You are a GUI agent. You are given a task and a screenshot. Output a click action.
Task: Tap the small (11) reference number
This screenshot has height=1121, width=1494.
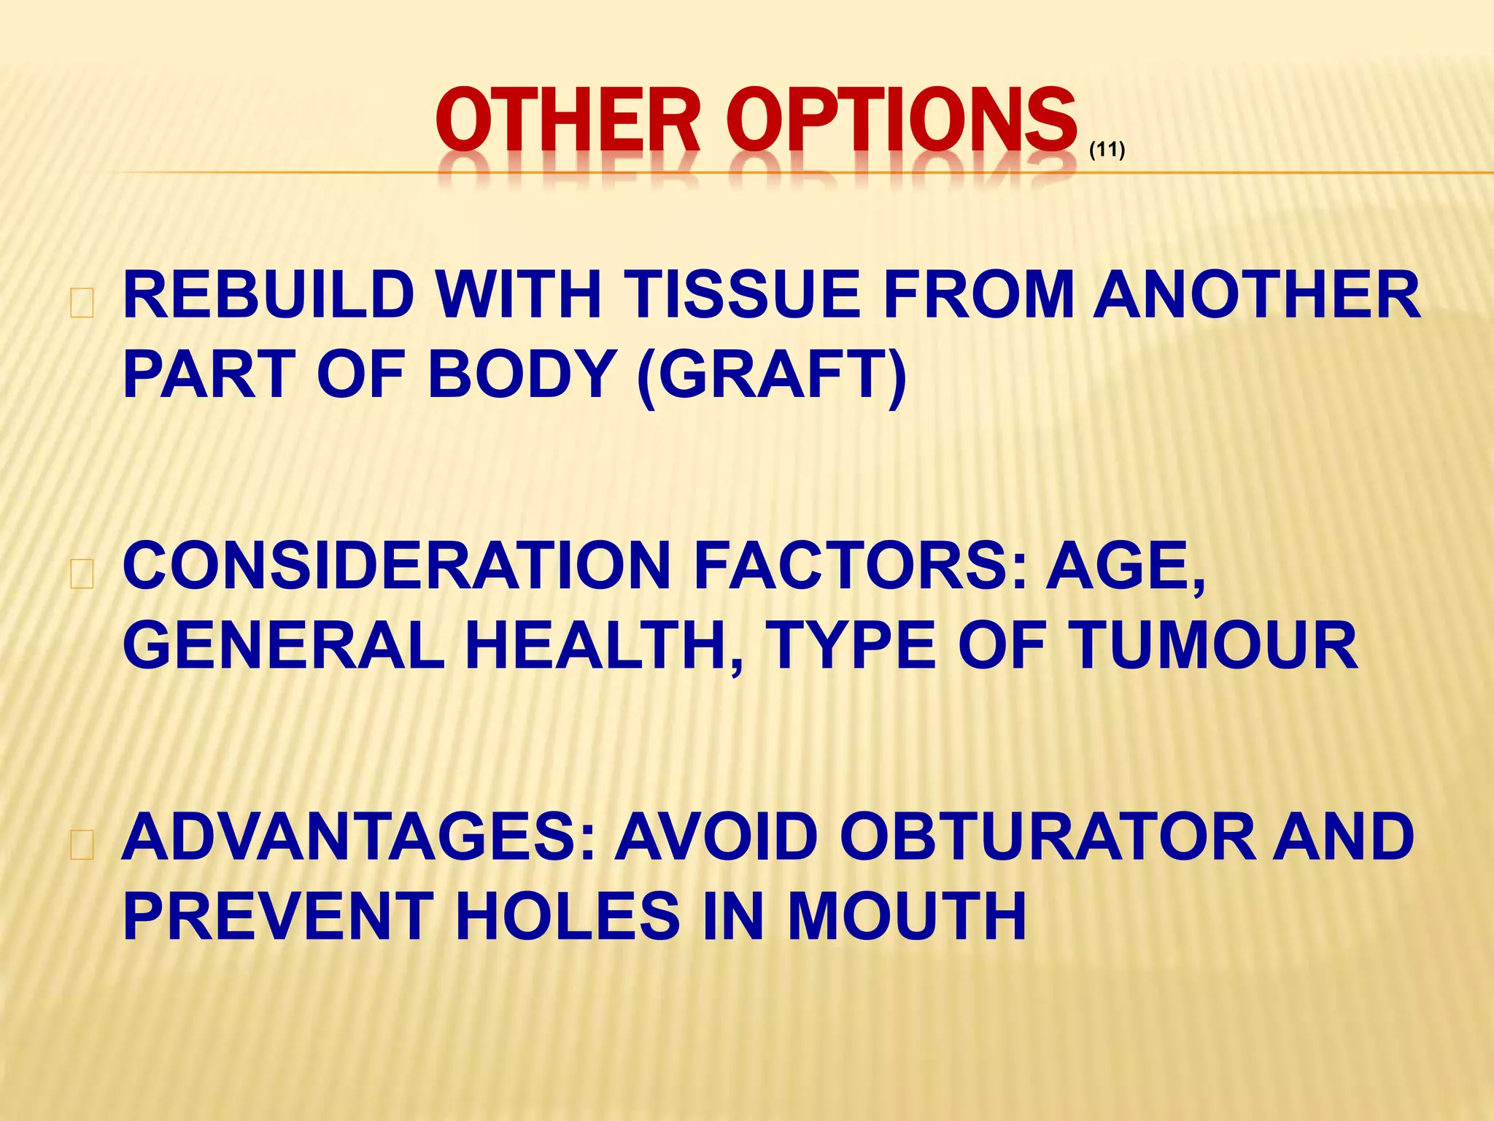[1107, 150]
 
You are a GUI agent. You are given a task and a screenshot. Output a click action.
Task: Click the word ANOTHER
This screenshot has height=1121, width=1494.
[1256, 295]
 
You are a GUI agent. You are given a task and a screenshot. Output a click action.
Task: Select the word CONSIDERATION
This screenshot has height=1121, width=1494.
[397, 566]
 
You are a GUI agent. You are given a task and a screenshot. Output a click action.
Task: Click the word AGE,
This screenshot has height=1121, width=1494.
[1125, 566]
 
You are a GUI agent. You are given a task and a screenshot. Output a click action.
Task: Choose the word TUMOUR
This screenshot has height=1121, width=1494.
[1212, 646]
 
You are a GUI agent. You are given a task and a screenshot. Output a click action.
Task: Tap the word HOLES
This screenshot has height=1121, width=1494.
[568, 917]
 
